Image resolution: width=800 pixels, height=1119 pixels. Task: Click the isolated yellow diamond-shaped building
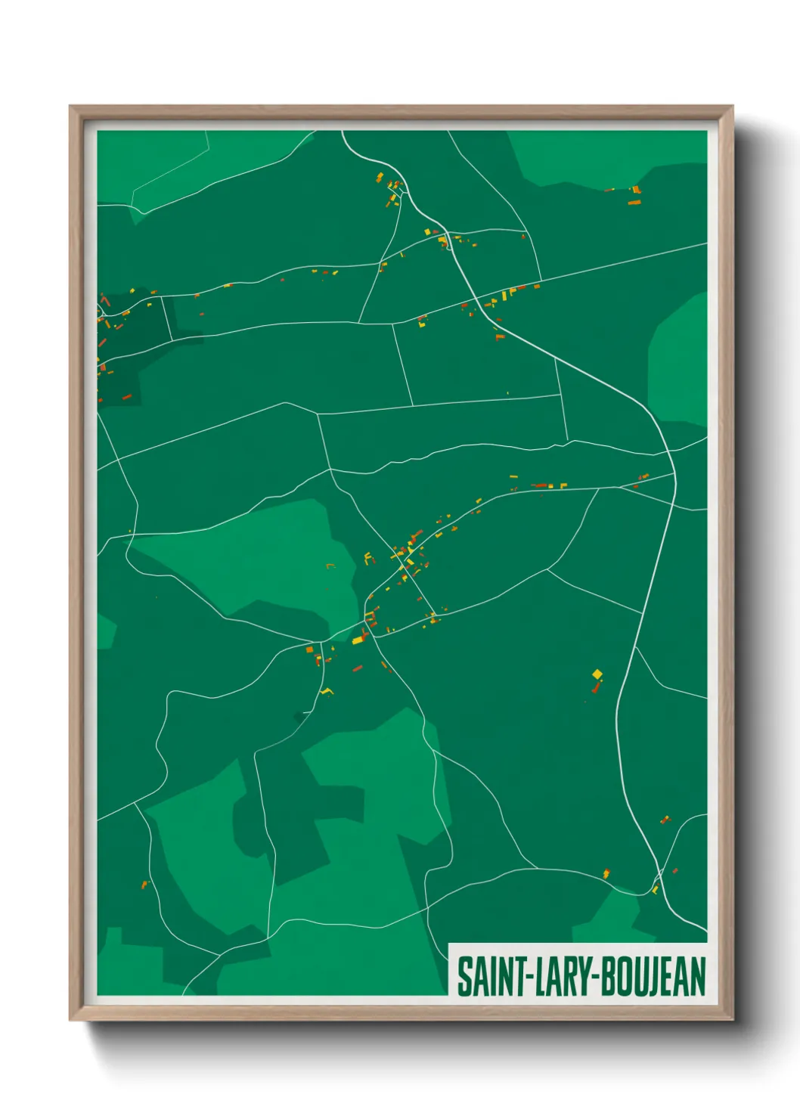pos(597,674)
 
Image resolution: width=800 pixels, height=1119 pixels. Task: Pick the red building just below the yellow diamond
pos(596,688)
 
